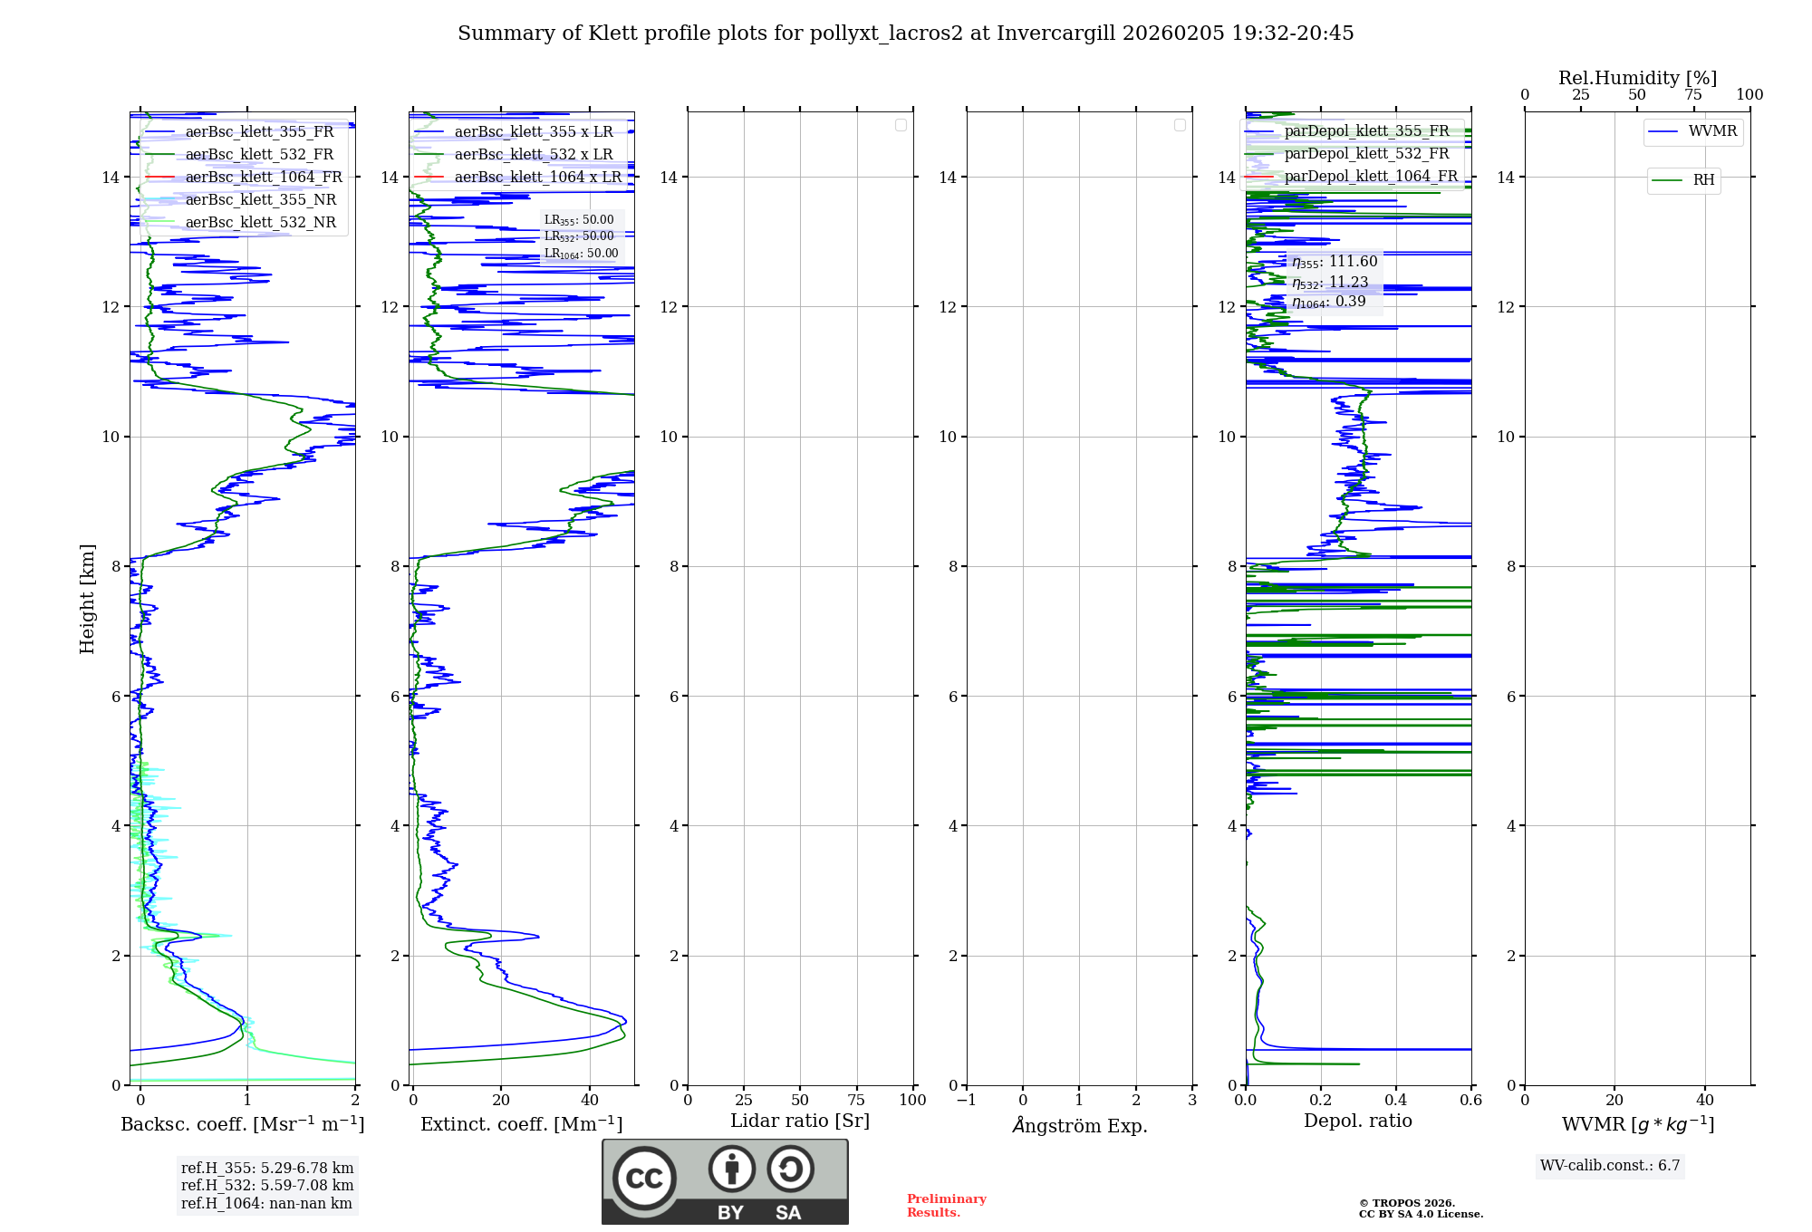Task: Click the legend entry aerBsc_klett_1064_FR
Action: (264, 177)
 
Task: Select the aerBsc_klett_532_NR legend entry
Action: (260, 222)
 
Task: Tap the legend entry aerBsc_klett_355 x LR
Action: (533, 131)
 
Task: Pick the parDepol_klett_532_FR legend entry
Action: (1366, 154)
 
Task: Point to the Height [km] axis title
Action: (87, 598)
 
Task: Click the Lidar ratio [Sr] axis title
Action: (800, 1121)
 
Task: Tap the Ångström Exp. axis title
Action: (1079, 1125)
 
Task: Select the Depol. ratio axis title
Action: (1357, 1121)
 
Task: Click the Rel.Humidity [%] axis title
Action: (1637, 78)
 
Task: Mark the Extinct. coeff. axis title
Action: (521, 1124)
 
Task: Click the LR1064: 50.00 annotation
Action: (581, 254)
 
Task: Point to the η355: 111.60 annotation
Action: (1335, 262)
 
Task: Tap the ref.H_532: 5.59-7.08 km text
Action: (267, 1185)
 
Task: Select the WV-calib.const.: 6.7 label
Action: (1609, 1166)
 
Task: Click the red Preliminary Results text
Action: (946, 1206)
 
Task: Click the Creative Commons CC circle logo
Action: (644, 1178)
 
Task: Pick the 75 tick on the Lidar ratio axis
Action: (856, 1100)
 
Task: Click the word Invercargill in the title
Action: (1056, 34)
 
